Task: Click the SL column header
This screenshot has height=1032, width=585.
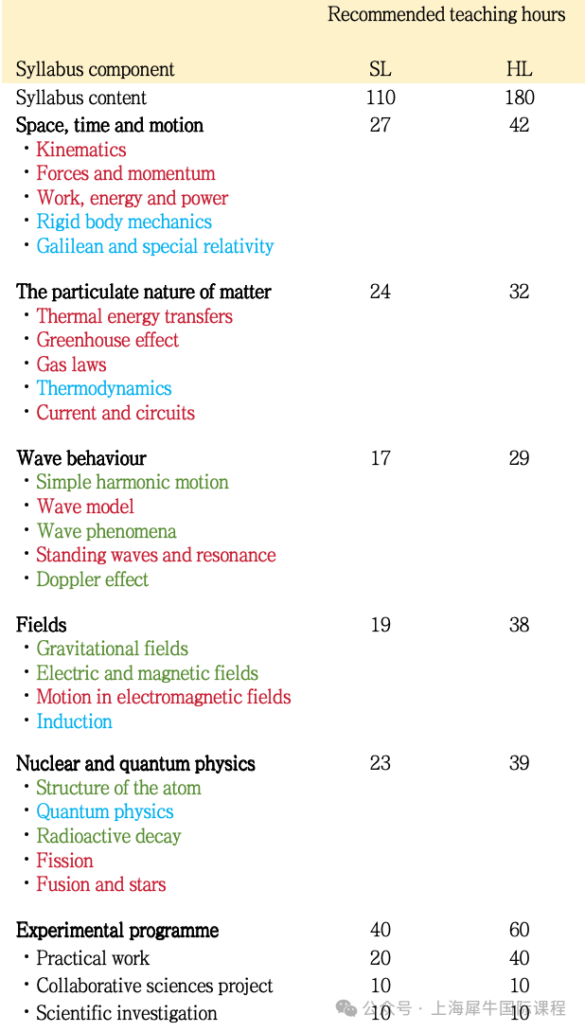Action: pos(380,69)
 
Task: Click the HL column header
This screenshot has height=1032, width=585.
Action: pos(519,69)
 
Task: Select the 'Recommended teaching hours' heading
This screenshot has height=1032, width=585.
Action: pos(446,14)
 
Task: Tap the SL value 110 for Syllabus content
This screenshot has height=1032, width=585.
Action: pos(381,98)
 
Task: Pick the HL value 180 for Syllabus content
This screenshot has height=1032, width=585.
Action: pos(519,98)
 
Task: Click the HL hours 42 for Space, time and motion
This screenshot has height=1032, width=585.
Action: pos(519,125)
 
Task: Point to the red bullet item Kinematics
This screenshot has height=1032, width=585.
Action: pos(80,150)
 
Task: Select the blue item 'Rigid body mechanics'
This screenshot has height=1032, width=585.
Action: pos(124,222)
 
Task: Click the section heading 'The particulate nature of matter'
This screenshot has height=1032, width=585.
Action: pos(144,292)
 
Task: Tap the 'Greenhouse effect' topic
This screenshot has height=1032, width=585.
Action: pos(107,340)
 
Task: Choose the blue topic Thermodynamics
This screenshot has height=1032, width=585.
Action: pos(104,388)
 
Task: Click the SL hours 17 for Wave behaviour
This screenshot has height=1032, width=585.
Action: pos(381,458)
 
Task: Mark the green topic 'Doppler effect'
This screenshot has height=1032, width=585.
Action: pos(92,579)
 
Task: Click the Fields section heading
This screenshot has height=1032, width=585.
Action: pos(42,625)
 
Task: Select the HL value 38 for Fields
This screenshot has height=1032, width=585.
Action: pos(519,625)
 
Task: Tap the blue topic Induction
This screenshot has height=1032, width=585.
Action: pos(74,721)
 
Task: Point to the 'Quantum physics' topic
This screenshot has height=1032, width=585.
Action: pos(104,811)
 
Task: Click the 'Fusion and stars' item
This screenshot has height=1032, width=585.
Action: pos(100,884)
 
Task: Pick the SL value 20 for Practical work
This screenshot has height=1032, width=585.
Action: pos(381,958)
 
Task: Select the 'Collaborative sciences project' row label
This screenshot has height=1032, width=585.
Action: pos(154,986)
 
